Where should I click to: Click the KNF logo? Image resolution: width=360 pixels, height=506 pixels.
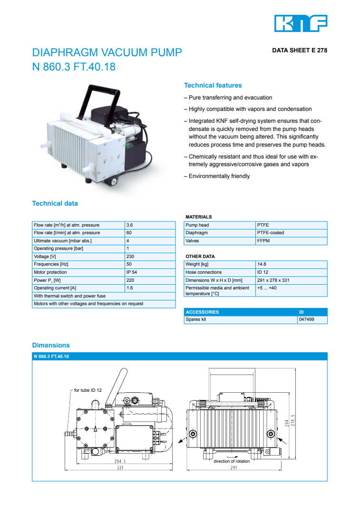(301, 23)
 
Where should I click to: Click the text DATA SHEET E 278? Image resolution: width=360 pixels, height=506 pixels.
(300, 50)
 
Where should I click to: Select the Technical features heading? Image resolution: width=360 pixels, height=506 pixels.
(213, 86)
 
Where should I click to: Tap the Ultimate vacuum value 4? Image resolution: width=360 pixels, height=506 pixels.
(128, 241)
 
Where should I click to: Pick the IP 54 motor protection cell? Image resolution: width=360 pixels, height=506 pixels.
(132, 272)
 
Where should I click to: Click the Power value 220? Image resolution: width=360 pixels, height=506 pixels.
(130, 280)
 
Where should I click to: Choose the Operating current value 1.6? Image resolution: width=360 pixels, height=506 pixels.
(129, 288)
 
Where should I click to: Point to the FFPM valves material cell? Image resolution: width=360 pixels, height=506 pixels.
(263, 241)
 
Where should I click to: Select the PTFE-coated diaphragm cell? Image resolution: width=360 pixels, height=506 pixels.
(270, 233)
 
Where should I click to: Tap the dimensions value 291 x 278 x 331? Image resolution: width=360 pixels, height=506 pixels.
(273, 280)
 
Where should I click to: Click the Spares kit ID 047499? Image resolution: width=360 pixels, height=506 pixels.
(306, 320)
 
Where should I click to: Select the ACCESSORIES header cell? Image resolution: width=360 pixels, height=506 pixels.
(203, 312)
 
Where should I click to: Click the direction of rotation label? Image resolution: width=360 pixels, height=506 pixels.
(231, 461)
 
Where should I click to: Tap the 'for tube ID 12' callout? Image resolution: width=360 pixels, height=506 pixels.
(88, 390)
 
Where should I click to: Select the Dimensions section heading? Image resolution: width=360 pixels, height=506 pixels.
(51, 345)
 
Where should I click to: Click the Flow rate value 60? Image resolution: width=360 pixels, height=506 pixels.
(129, 233)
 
